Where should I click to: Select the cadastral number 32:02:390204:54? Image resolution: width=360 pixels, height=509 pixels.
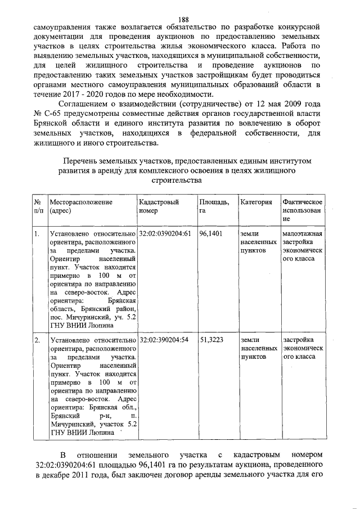click(164, 340)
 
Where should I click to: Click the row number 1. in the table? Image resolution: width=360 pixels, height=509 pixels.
click(37, 233)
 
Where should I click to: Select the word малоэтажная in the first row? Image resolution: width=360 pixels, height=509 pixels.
click(302, 233)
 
